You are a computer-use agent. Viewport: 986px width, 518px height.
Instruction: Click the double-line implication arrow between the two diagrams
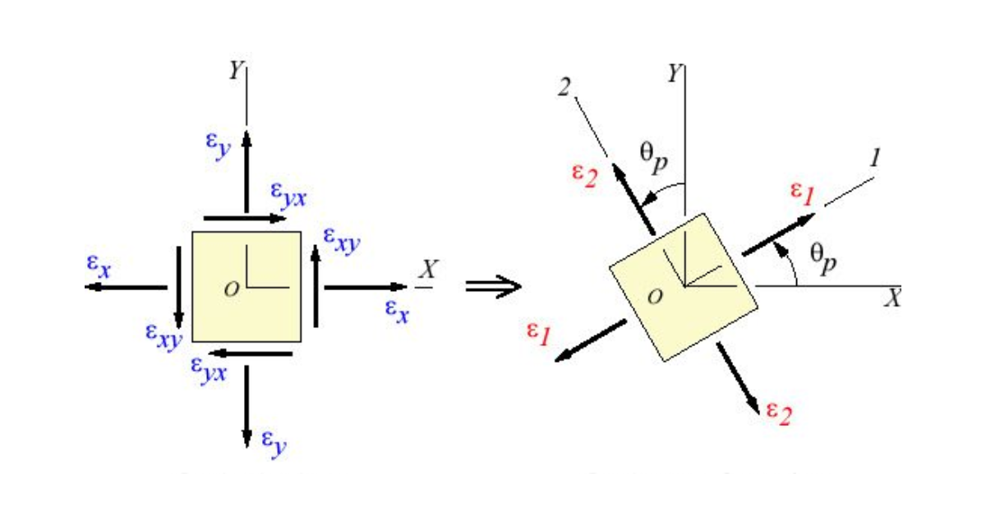(x=494, y=286)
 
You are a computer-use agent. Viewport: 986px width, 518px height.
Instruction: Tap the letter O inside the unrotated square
(x=233, y=289)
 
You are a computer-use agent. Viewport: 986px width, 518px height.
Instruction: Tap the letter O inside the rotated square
(x=655, y=297)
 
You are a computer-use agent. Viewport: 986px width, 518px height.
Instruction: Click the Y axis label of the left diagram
(x=236, y=72)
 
